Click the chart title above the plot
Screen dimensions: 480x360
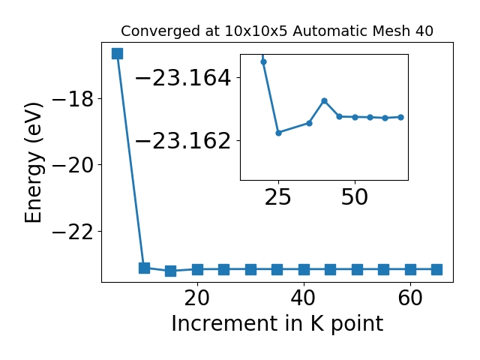[x=277, y=31]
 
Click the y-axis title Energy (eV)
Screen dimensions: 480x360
[x=33, y=163]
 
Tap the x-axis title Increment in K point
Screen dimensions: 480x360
[x=277, y=324]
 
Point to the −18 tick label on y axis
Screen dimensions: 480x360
[x=73, y=98]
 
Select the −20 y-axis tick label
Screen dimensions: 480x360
[x=73, y=165]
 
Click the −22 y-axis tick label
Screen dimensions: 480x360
[x=73, y=232]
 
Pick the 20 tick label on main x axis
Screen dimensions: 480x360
[x=197, y=298]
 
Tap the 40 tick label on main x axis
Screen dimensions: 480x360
[x=304, y=298]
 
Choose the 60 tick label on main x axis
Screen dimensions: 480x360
[x=410, y=298]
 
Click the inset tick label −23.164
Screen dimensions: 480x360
[x=183, y=78]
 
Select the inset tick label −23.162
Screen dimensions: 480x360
[x=183, y=141]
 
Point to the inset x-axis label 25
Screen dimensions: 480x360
[x=278, y=197]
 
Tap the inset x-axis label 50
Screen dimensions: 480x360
[x=355, y=197]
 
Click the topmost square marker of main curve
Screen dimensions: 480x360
[x=118, y=53]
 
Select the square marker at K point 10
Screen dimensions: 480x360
[x=144, y=268]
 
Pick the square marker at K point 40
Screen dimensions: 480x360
[x=304, y=270]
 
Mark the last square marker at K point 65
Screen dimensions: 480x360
[x=436, y=270]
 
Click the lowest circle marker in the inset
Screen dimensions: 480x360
[x=278, y=133]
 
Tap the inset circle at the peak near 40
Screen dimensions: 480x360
[x=325, y=100]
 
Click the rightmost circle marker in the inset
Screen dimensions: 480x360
[x=400, y=117]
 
